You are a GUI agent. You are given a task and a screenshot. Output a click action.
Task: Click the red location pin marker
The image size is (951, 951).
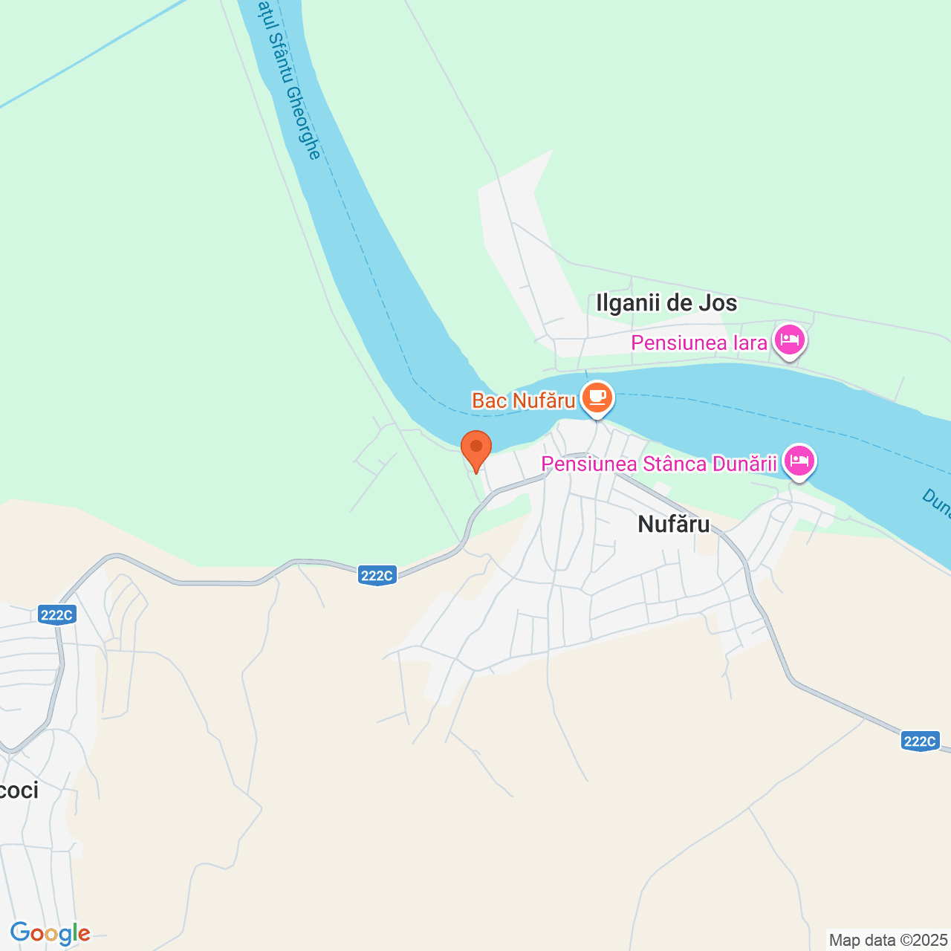coord(476,449)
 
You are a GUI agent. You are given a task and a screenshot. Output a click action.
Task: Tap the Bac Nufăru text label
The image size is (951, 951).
coord(523,401)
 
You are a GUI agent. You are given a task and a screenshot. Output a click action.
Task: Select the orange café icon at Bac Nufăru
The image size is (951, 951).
coord(597,398)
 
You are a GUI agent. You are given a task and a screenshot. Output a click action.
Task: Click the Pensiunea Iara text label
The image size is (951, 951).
coord(698,343)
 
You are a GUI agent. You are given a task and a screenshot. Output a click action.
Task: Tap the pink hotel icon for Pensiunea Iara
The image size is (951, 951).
coord(789,340)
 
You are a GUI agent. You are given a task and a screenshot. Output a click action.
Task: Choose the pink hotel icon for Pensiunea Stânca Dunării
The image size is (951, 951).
coord(799,461)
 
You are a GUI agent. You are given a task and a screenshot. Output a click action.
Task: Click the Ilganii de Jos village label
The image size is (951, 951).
coord(666,303)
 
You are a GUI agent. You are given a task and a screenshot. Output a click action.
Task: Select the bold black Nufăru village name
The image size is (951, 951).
coord(673,525)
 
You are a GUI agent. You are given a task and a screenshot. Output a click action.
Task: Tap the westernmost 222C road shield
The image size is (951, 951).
coord(56,615)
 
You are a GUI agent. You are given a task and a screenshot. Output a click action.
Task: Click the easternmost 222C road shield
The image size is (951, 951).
coord(920,741)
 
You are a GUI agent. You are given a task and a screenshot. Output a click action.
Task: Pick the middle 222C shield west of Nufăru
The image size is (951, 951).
coord(377,575)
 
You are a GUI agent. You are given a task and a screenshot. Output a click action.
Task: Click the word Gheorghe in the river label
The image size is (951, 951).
coord(304,122)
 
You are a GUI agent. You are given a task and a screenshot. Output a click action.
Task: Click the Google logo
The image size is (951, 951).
coord(50,933)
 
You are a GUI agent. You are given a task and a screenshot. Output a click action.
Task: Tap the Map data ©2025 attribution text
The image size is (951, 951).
coord(889,940)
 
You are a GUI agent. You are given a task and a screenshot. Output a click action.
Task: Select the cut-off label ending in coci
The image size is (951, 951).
coord(18,791)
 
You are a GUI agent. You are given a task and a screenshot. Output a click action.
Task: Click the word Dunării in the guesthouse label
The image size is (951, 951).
coord(744,464)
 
